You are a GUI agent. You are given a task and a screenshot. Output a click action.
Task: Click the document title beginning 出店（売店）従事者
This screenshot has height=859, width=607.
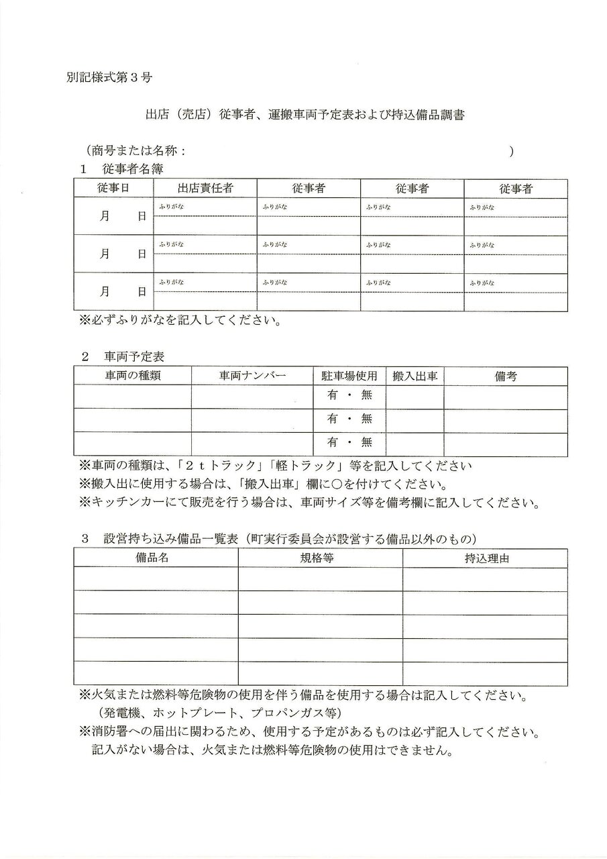click(x=305, y=115)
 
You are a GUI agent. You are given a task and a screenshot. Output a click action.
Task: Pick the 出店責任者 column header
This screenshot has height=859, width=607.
click(x=205, y=189)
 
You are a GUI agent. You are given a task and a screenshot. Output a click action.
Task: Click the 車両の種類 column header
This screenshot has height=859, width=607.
click(x=132, y=376)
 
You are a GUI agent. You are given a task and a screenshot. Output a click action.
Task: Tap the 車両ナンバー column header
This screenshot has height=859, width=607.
click(x=252, y=376)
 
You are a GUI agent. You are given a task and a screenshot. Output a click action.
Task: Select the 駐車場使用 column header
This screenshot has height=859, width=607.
click(x=349, y=376)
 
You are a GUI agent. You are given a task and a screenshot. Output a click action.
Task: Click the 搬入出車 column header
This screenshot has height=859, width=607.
click(x=415, y=376)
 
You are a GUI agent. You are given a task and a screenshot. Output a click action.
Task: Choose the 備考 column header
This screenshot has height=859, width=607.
click(x=505, y=376)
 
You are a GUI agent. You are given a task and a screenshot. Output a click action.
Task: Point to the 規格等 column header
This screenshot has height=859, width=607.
click(x=320, y=558)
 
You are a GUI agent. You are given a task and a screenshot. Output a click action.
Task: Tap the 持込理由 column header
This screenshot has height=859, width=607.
click(x=485, y=558)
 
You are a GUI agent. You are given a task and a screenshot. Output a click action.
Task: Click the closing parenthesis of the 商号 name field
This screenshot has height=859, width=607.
click(x=511, y=152)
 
